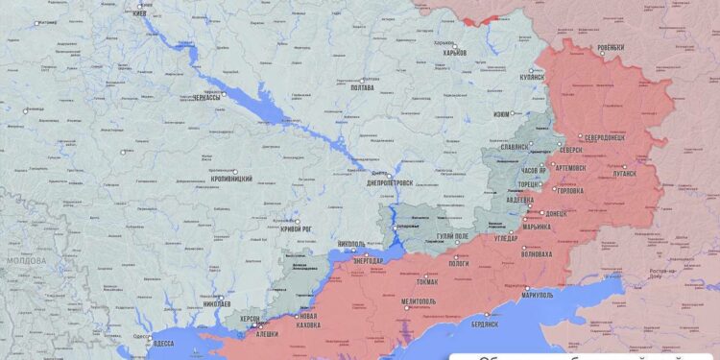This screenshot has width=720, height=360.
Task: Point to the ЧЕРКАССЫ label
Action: tap(206, 98)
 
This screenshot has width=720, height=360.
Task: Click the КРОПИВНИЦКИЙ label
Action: tap(231, 179)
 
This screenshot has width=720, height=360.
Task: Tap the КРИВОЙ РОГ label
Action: tap(296, 228)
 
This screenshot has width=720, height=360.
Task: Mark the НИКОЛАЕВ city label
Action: tap(217, 303)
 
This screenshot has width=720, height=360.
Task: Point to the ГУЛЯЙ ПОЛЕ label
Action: tap(449, 236)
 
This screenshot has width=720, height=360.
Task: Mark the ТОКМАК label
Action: tap(428, 281)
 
